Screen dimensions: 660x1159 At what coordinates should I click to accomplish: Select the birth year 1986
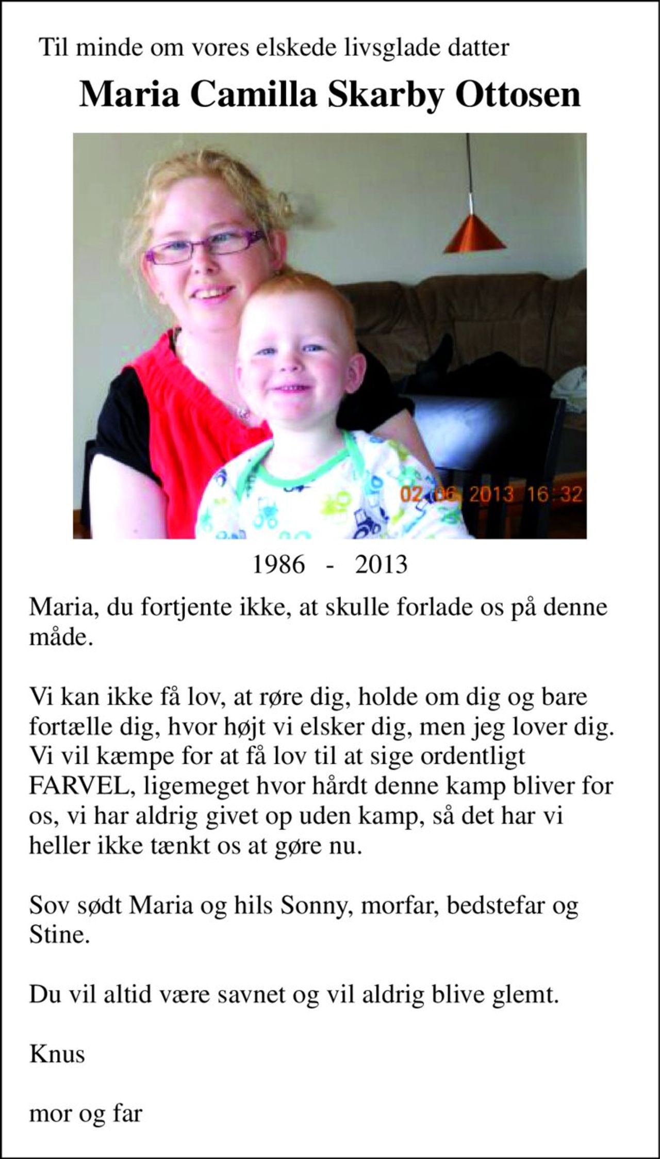click(278, 565)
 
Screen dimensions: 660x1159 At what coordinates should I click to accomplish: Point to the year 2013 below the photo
click(381, 565)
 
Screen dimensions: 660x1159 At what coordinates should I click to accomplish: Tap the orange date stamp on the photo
click(491, 494)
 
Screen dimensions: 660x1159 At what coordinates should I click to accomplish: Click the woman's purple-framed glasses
click(206, 245)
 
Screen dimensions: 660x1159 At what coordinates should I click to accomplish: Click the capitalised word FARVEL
click(82, 786)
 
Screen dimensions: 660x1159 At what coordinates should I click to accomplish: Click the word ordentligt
click(472, 756)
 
